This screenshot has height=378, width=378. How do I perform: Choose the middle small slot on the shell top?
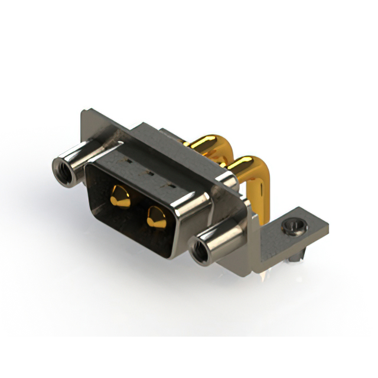[x=148, y=174]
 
